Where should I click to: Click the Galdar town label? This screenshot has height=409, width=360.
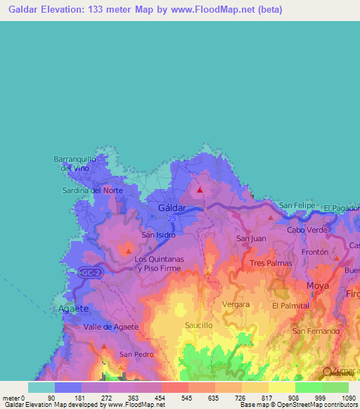click(x=172, y=209)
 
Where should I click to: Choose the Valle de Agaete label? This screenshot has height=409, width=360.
click(x=111, y=327)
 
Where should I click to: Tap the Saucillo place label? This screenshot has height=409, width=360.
click(x=199, y=326)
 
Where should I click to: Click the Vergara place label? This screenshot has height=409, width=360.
click(x=236, y=304)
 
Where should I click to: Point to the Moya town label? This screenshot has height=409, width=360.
click(x=317, y=285)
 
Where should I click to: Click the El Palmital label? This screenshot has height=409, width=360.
click(x=290, y=306)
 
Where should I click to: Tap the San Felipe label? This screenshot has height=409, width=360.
click(x=296, y=205)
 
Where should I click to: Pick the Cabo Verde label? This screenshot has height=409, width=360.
click(x=305, y=230)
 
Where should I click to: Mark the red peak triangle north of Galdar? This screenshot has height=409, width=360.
click(x=200, y=189)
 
